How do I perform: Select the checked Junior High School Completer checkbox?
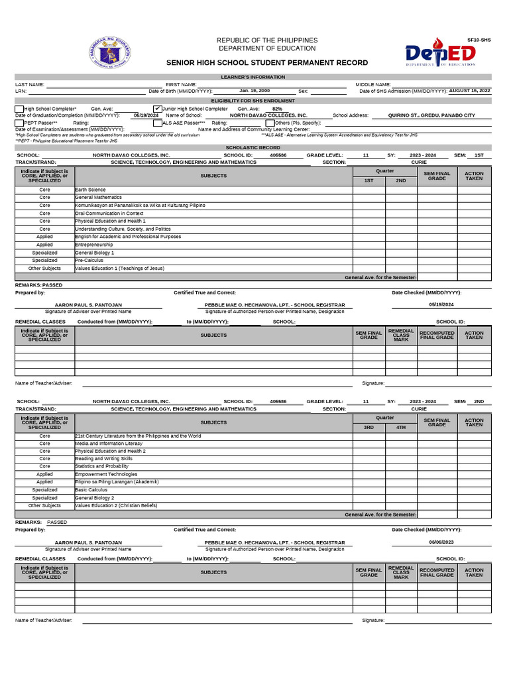point(157,108)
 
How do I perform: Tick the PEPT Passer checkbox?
point(19,123)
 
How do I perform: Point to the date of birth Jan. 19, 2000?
point(254,90)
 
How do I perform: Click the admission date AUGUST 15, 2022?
point(469,90)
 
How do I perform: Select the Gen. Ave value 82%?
point(277,109)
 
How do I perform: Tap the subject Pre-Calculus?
point(89,261)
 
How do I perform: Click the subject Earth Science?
point(90,190)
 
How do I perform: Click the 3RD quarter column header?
point(368,427)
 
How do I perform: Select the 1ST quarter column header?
point(368,180)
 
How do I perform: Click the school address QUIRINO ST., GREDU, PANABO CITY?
point(431,115)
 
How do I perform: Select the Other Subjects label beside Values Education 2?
point(44,505)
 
